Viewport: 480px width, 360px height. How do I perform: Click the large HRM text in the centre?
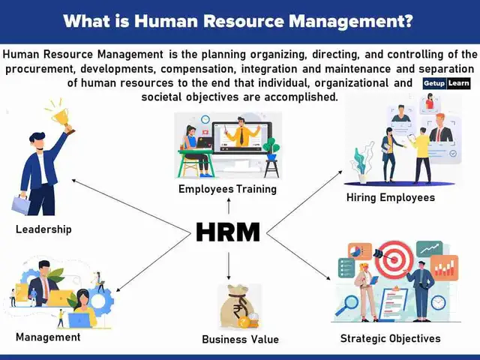click(x=228, y=232)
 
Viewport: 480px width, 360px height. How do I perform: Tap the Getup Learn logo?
click(x=446, y=83)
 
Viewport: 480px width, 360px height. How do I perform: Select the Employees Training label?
click(x=227, y=189)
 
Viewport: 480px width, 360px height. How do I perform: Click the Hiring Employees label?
click(x=390, y=197)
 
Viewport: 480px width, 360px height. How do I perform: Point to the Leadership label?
click(x=43, y=229)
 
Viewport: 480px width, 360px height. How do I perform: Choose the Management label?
click(x=48, y=337)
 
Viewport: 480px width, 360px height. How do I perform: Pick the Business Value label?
click(x=240, y=339)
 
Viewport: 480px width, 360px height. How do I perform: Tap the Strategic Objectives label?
click(x=390, y=338)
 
